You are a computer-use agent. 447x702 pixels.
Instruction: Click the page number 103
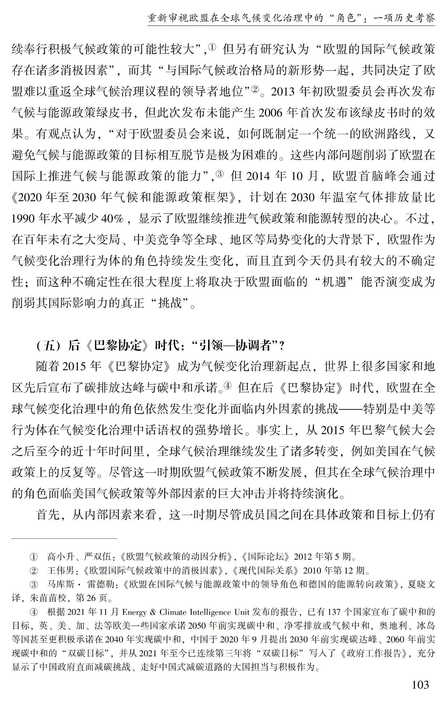(x=420, y=685)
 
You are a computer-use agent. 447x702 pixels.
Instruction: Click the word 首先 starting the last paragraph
(x=49, y=515)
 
